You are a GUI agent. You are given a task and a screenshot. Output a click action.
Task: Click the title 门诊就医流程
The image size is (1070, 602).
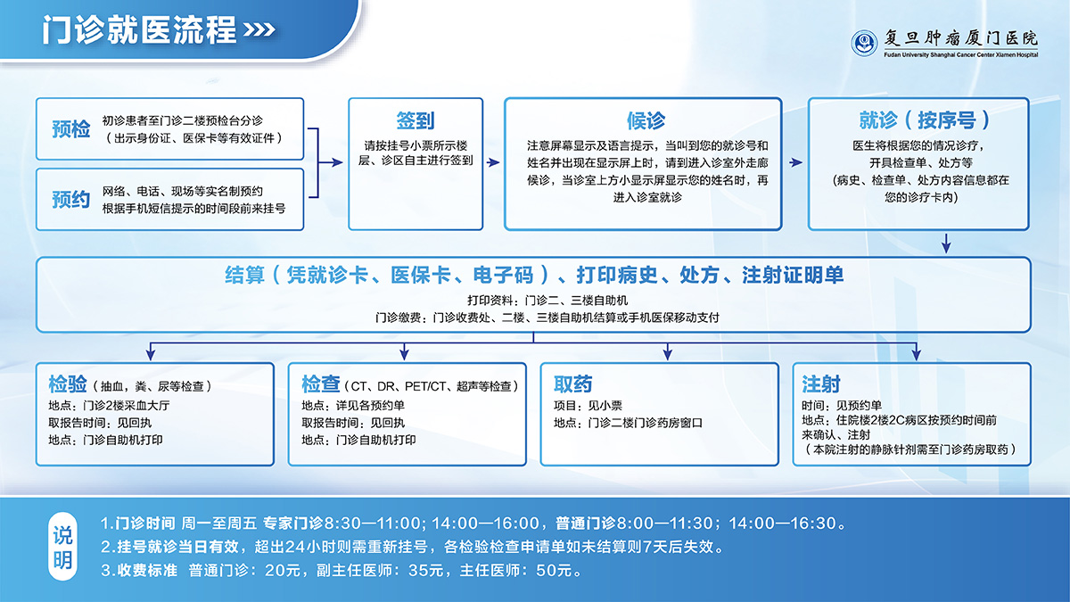pos(139,29)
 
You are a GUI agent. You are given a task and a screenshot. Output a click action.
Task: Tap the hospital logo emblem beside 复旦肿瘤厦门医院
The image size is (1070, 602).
pos(863,42)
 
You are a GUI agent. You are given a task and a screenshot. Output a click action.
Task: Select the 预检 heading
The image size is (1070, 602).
pos(70,128)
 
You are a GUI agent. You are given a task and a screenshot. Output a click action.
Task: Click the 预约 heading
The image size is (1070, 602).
pos(70,199)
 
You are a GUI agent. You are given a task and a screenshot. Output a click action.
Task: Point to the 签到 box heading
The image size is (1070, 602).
pos(416,120)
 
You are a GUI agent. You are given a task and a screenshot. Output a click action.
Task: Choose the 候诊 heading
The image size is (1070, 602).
pos(646,120)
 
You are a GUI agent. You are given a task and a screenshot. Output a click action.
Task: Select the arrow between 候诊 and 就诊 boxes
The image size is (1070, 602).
pos(795,162)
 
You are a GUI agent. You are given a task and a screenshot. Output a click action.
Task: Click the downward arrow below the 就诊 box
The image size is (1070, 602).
pos(946,243)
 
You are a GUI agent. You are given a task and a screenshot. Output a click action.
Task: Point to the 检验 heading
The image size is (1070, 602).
pos(68,384)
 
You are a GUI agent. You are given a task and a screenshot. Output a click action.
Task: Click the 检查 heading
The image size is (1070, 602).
pos(321,384)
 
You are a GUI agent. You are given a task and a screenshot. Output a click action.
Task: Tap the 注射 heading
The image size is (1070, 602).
pos(821,384)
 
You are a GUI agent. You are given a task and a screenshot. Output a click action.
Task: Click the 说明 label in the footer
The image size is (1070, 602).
pos(63,547)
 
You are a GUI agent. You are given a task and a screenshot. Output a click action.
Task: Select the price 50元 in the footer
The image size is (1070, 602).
pos(558,570)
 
